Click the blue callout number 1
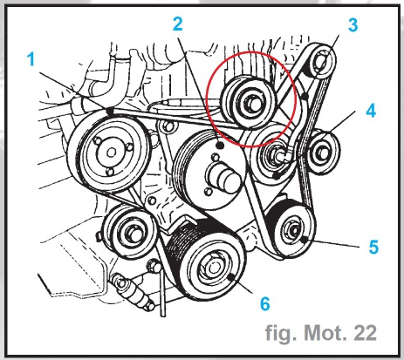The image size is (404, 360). [31, 59]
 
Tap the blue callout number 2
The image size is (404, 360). [177, 24]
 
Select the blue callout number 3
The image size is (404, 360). [353, 25]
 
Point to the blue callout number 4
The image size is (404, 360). [371, 111]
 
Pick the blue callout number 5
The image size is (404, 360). [373, 247]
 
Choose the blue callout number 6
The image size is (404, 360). [264, 303]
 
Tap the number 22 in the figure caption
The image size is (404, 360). [365, 333]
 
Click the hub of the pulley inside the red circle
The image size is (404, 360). [252, 105]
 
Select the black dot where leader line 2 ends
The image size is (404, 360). [220, 145]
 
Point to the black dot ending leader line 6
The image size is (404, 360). [230, 277]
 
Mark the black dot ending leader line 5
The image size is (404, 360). [305, 240]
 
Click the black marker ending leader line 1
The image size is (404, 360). [109, 112]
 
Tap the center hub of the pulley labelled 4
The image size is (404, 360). [324, 153]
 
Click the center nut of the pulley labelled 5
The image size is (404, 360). [294, 230]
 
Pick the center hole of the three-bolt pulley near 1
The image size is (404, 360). [111, 153]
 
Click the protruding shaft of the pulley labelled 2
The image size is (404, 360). [224, 178]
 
